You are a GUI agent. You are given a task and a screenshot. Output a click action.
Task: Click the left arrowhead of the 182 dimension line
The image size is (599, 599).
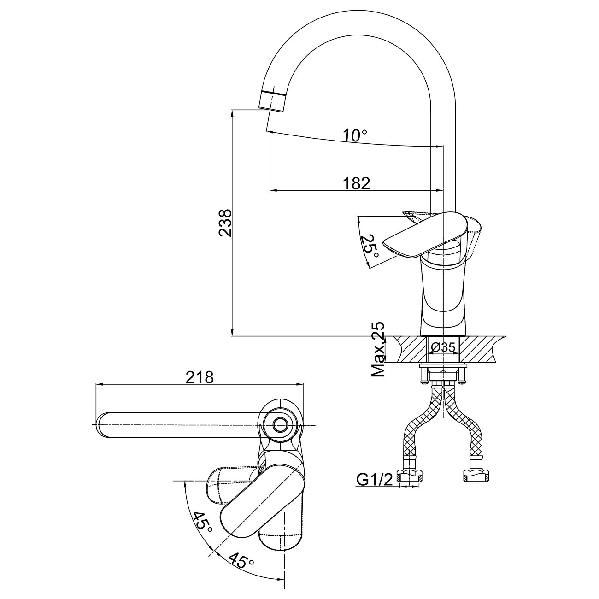tap(273, 190)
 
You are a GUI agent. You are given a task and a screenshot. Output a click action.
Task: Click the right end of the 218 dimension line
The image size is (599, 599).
tap(303, 385)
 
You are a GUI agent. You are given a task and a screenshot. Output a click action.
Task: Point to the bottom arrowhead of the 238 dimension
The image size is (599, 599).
tap(232, 332)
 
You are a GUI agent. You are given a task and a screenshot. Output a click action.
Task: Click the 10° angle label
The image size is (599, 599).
tap(355, 135)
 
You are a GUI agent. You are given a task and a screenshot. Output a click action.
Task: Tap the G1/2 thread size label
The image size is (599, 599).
tap(375, 480)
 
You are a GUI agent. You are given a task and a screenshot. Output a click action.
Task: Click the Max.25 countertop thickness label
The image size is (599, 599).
tap(379, 349)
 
